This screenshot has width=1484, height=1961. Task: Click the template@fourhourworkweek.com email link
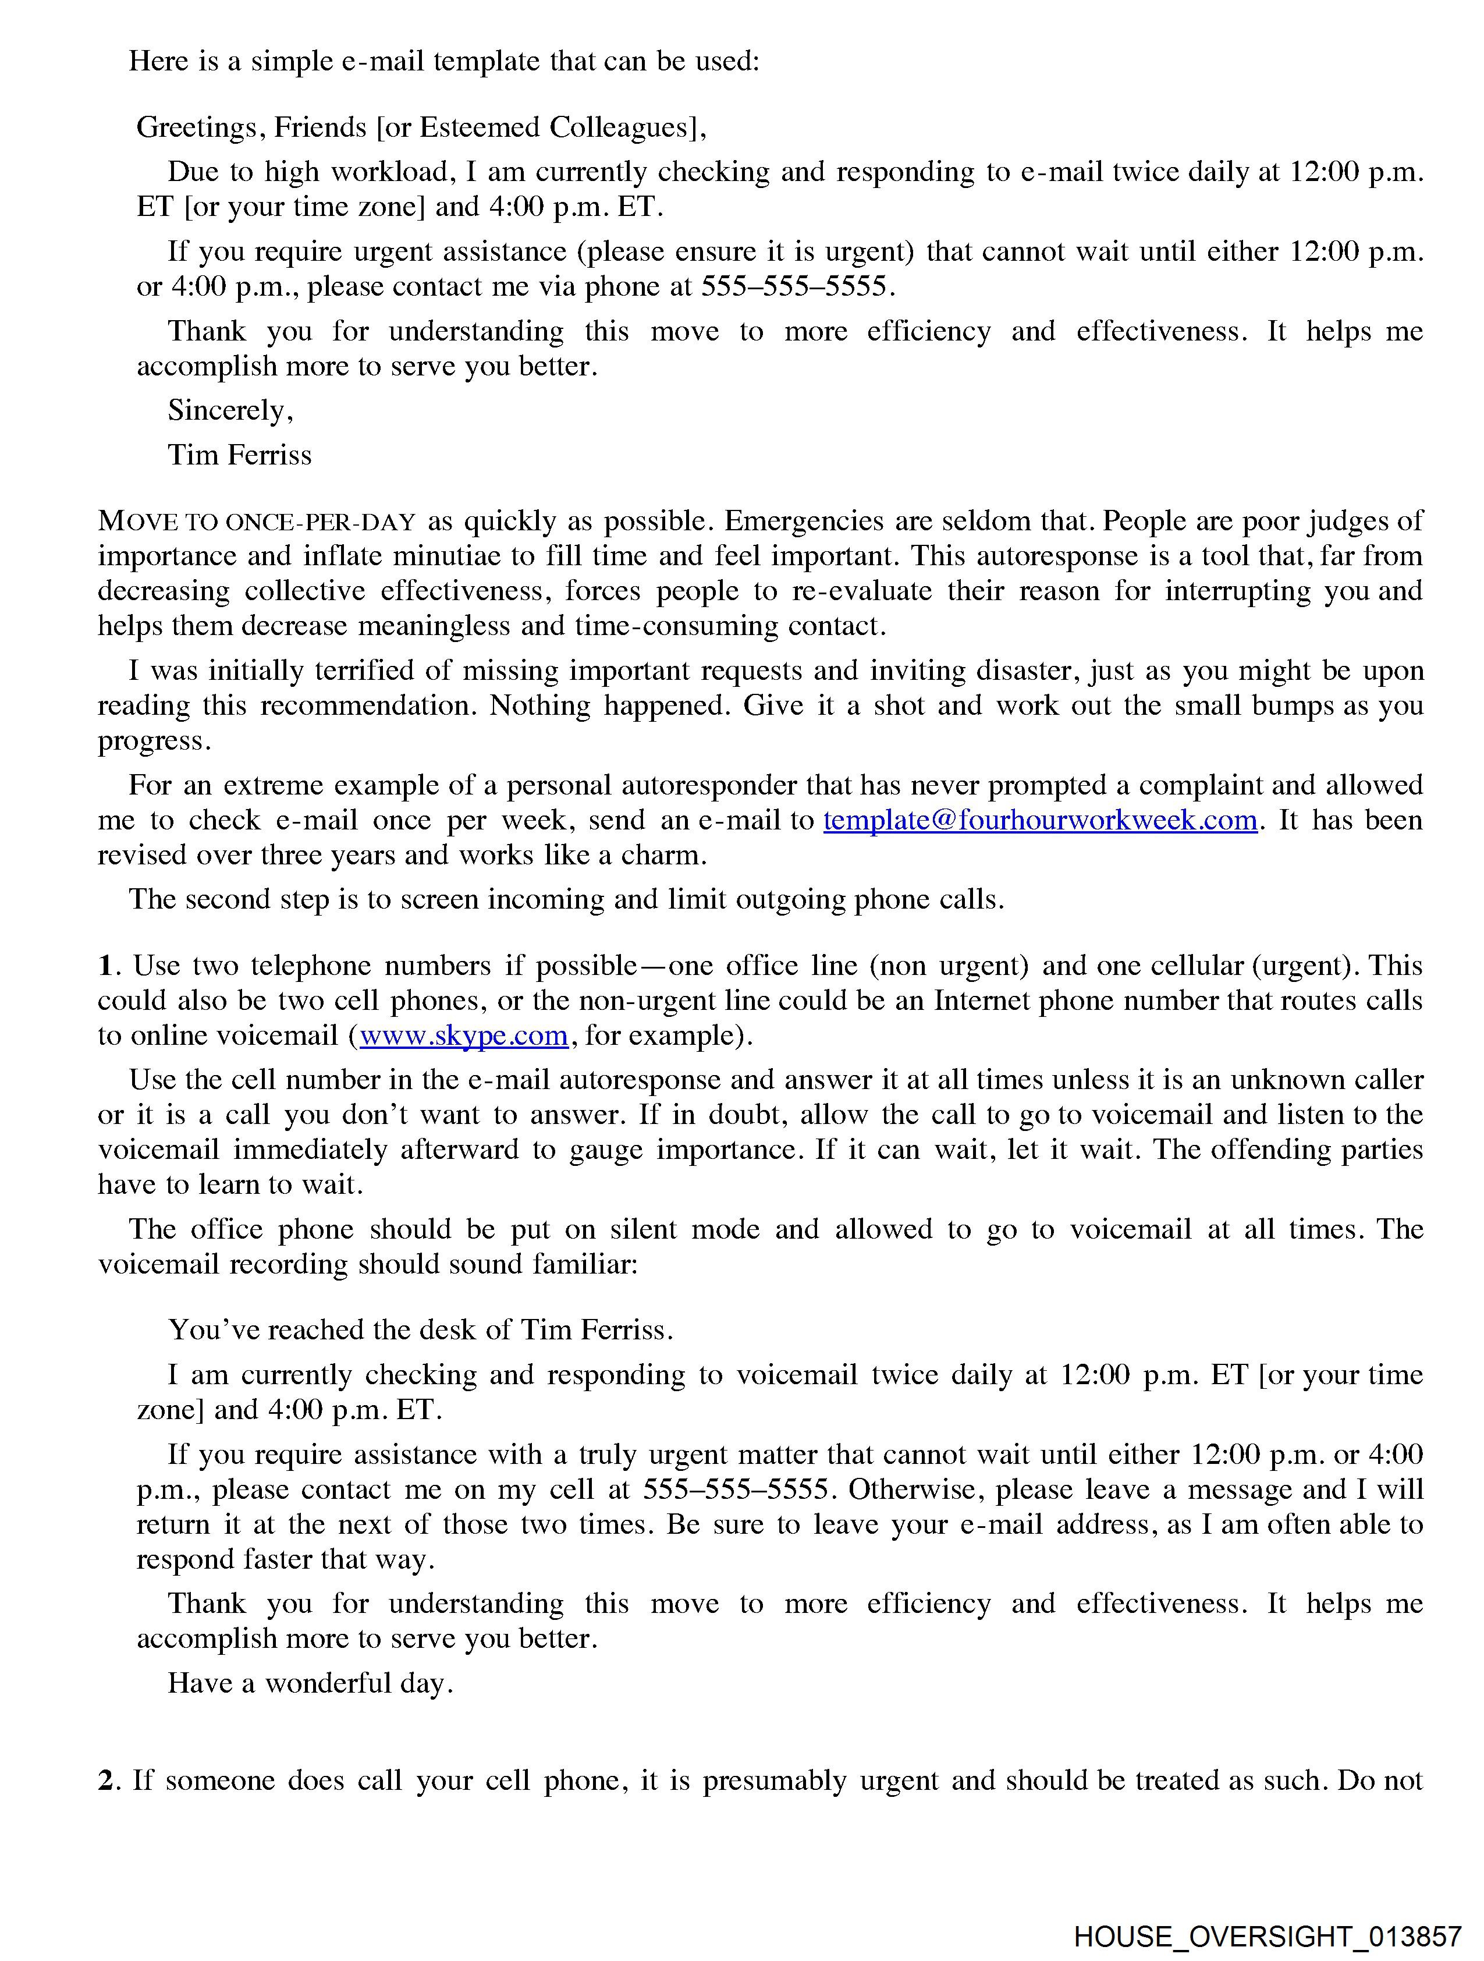pyautogui.click(x=1040, y=820)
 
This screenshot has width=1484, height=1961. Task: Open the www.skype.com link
pyautogui.click(x=464, y=1036)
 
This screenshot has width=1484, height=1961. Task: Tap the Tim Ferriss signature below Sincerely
pyautogui.click(x=239, y=455)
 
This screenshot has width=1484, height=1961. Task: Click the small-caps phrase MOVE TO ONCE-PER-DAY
pyautogui.click(x=256, y=522)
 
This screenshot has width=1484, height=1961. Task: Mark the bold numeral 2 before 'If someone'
pyautogui.click(x=105, y=1780)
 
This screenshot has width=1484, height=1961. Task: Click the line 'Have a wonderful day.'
pyautogui.click(x=310, y=1683)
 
